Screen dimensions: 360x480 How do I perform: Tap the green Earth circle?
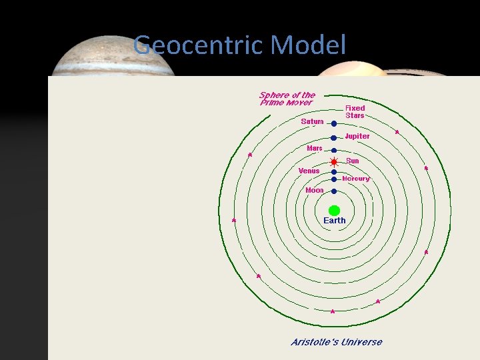coord(334,210)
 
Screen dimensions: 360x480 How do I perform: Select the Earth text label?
coord(334,221)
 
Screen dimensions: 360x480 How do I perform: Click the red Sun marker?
coord(334,162)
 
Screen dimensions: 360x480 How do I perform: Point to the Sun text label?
coord(353,161)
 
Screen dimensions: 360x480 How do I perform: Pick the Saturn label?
coord(312,121)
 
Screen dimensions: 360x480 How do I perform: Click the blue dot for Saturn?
coord(334,123)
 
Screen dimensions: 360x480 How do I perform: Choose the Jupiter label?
coord(357,136)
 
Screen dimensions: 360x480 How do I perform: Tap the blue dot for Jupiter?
coord(334,138)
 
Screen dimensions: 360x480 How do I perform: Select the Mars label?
coord(315,148)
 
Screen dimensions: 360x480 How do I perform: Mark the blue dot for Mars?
coord(334,151)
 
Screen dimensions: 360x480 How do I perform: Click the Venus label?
coord(309,171)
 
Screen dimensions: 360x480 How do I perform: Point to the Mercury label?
coord(356,179)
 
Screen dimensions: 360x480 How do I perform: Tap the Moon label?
coord(314,190)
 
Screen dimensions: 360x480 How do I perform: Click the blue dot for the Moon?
coord(334,192)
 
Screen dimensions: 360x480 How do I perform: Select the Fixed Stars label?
coord(355,111)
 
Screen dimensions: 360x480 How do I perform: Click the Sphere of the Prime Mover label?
coord(287,99)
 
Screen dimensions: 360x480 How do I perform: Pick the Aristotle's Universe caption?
coord(337,342)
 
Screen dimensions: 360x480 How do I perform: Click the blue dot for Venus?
coord(334,172)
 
